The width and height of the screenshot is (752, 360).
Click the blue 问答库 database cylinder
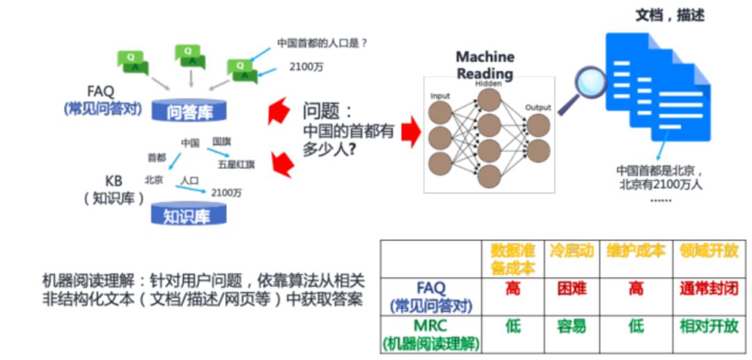(x=189, y=111)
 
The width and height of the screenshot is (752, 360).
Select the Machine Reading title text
(x=485, y=65)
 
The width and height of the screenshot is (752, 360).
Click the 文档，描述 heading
(x=669, y=15)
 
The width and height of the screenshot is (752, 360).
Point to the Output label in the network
(x=538, y=107)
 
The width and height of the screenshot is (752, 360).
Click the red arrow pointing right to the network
(x=411, y=132)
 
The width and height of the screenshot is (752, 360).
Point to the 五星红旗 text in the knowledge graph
(x=236, y=164)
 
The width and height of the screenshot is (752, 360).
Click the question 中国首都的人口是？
(x=322, y=43)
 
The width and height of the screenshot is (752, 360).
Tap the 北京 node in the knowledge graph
(x=154, y=179)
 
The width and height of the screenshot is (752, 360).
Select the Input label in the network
(x=440, y=95)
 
